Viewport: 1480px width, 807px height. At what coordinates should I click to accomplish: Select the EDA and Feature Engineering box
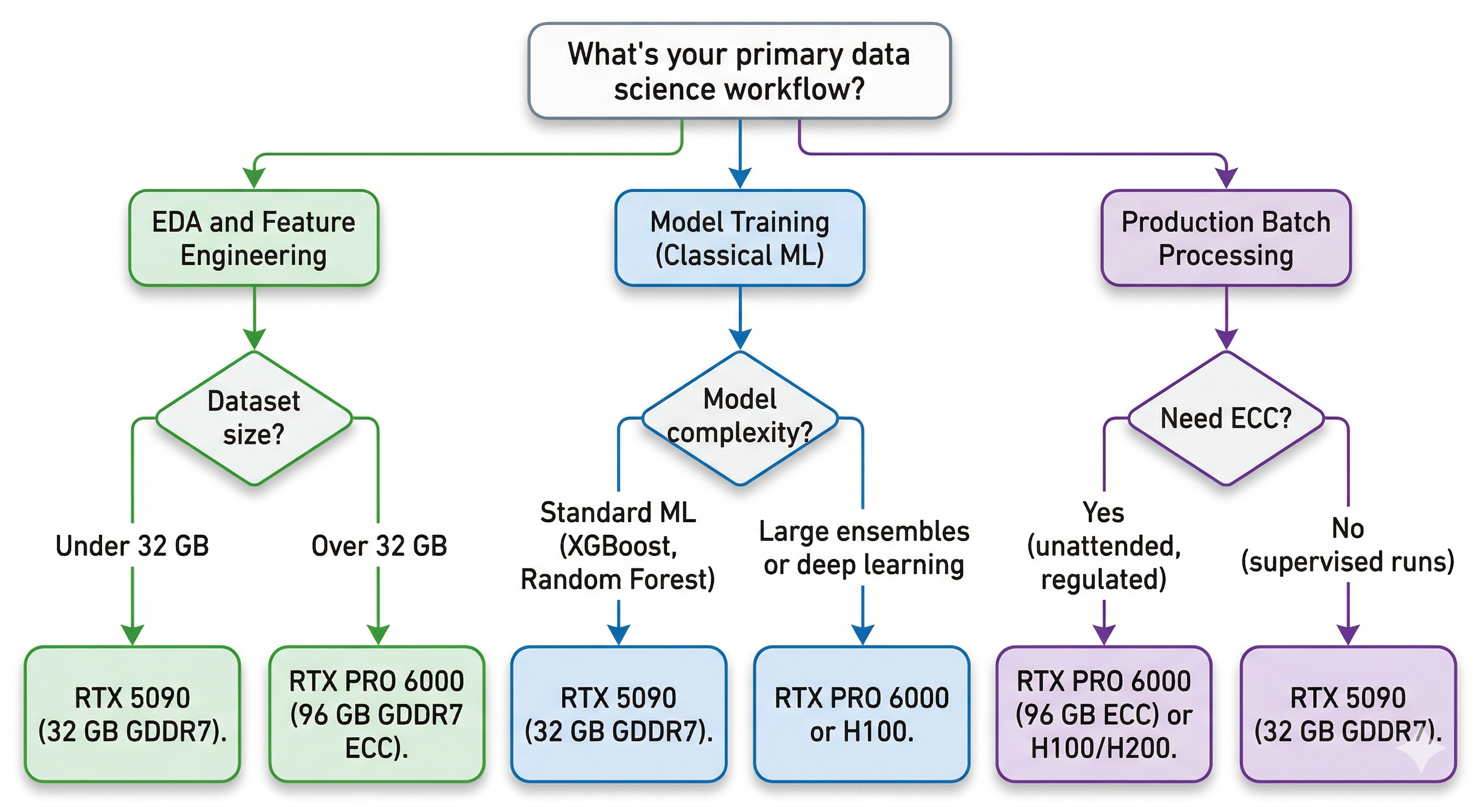[253, 238]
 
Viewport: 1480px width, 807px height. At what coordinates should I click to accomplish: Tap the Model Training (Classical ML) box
[739, 238]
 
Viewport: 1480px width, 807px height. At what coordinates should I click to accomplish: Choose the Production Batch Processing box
[1226, 238]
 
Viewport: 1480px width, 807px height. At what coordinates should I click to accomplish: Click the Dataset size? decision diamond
[253, 418]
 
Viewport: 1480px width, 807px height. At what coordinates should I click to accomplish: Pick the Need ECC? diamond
[1226, 418]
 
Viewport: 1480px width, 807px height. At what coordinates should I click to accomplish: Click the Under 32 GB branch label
[132, 546]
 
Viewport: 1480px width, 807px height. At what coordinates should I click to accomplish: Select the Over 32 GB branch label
[378, 546]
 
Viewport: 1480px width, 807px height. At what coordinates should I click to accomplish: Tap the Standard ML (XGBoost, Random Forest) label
[618, 546]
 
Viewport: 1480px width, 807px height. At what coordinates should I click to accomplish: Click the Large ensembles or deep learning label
[864, 547]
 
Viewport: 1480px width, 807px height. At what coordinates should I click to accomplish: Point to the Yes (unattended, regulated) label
[1104, 546]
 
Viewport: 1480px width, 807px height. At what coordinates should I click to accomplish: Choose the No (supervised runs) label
[1347, 544]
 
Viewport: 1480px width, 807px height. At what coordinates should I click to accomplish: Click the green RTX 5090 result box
[132, 714]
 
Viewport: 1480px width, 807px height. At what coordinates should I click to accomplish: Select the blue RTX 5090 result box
[618, 714]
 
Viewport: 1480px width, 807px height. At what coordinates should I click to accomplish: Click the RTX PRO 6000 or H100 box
[861, 714]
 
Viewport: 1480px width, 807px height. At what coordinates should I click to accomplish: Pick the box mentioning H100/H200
[1104, 714]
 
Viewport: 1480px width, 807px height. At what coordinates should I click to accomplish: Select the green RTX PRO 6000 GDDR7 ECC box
[377, 714]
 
